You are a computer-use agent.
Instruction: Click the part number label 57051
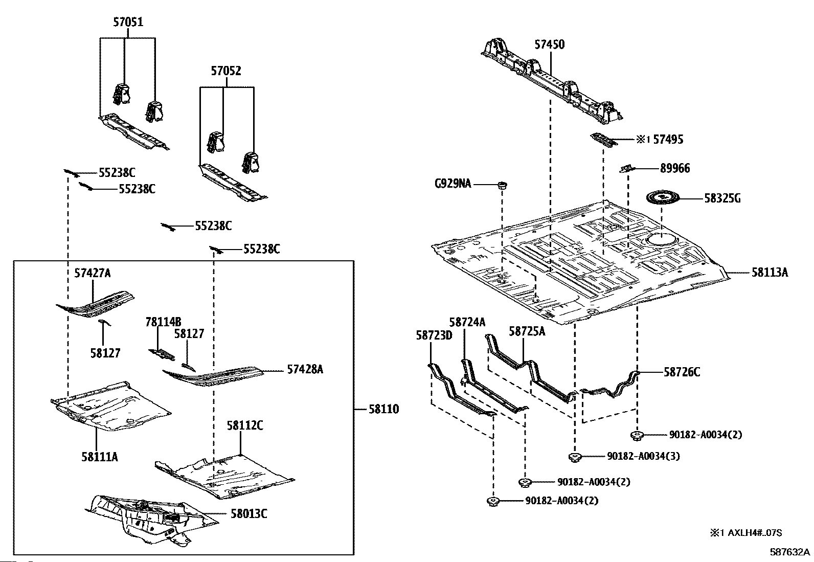coord(128,22)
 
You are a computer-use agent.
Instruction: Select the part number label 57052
coord(226,71)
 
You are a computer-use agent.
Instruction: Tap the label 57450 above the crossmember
coord(550,44)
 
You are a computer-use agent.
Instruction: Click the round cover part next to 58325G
coord(663,198)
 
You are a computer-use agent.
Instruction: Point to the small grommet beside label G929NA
coord(502,185)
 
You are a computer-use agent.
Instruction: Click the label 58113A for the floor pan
coord(770,272)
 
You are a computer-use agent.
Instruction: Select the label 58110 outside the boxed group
coord(384,409)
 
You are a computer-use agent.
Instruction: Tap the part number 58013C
coord(248,513)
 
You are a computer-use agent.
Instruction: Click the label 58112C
coord(245,425)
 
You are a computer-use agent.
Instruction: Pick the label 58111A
coord(100,457)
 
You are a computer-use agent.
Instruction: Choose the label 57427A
coord(93,273)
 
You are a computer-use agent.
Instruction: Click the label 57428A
coord(305,369)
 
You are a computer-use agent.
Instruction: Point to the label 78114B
coord(163,322)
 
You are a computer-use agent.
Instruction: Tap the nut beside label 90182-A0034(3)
coord(575,457)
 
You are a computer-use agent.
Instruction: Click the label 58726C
coord(682,372)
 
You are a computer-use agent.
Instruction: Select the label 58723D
coord(434,335)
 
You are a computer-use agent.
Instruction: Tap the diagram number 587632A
coord(789,552)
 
